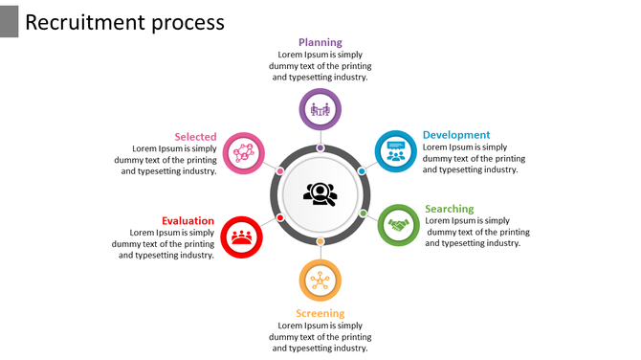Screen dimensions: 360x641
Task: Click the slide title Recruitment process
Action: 124,22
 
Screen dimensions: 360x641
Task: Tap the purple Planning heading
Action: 320,42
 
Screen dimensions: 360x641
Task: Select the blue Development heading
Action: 456,135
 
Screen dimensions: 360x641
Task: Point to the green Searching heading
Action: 449,209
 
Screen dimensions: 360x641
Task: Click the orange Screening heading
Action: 320,313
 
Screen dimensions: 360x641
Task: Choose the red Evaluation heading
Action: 188,220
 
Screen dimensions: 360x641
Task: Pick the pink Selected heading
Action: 195,137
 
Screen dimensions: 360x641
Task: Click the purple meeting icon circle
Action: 320,108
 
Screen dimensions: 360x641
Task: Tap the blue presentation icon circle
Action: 394,151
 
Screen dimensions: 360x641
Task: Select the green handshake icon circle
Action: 399,225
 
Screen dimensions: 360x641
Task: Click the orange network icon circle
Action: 320,281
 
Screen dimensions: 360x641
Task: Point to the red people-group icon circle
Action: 242,236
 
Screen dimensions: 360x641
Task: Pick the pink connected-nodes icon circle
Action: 243,152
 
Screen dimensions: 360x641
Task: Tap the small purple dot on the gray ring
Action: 320,147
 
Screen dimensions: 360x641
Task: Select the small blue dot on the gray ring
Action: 362,171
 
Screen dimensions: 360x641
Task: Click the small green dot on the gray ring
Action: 364,213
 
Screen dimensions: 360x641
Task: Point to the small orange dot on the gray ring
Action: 320,241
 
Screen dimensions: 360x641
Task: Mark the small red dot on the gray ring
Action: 279,217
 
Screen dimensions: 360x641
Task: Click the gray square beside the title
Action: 9,20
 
